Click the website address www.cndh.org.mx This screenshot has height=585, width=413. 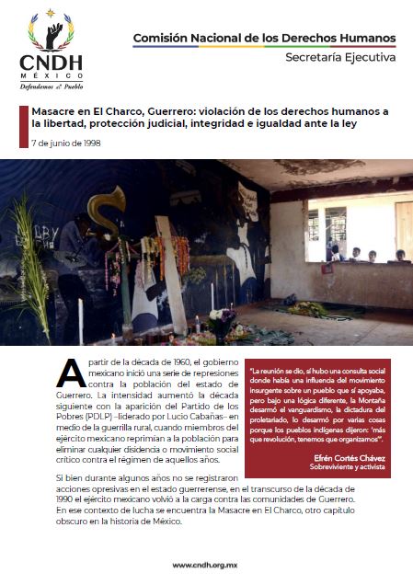206,565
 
